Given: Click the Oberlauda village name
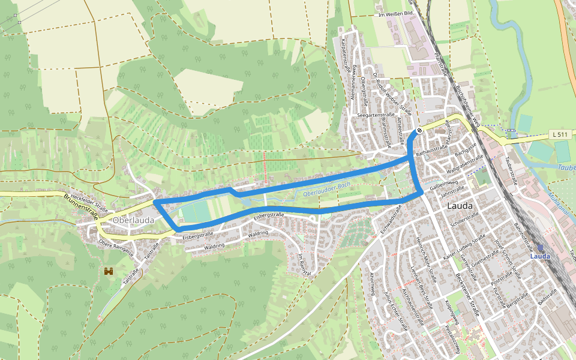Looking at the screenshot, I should click(133, 220).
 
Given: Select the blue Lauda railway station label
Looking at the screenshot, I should click(541, 256).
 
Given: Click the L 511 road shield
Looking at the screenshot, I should click(560, 135).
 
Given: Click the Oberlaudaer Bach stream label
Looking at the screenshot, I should click(327, 191).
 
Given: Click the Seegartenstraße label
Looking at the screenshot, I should click(375, 114).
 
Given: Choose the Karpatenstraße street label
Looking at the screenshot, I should click(345, 55).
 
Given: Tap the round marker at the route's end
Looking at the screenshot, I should click(419, 131).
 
